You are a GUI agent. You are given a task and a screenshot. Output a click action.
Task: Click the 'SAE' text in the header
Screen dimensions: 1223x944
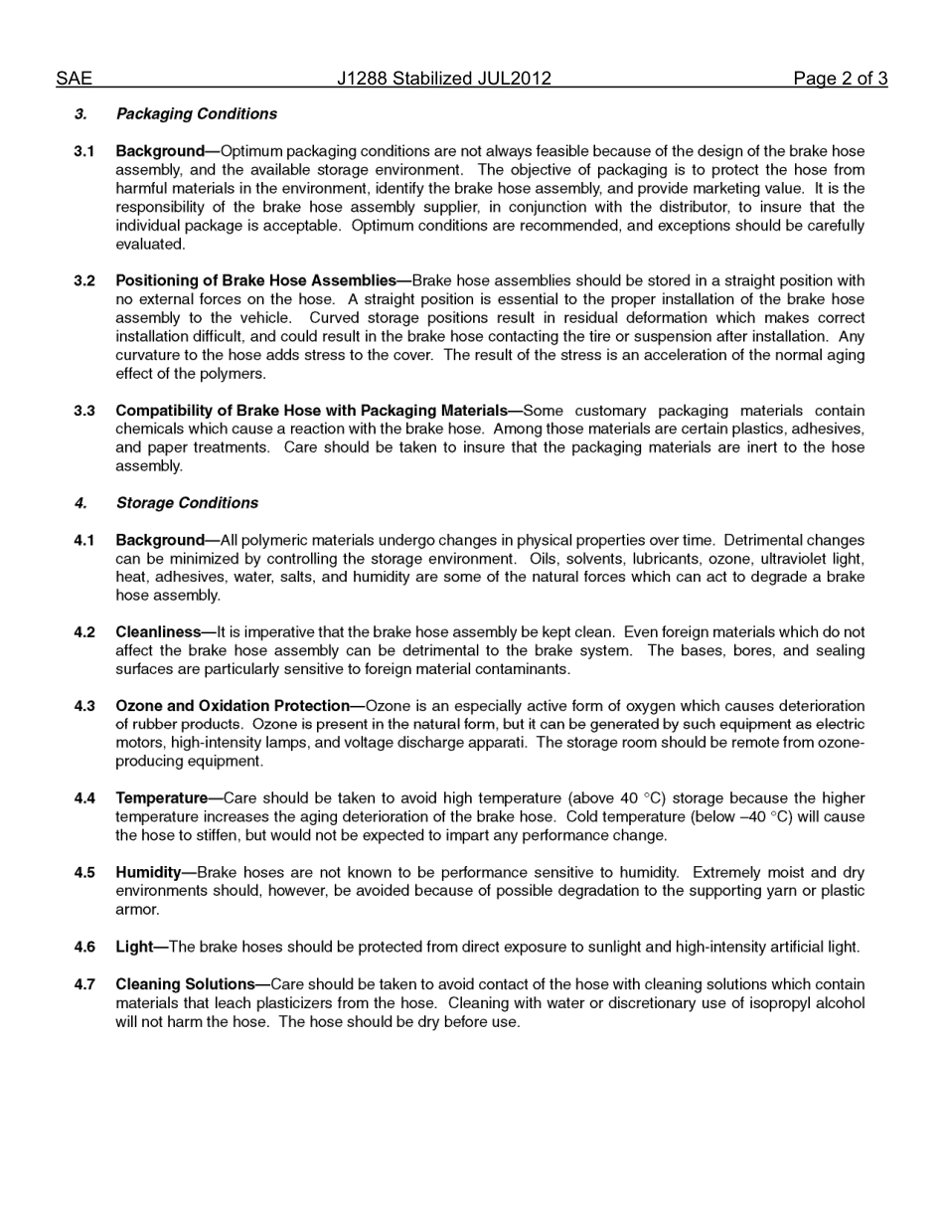point(74,79)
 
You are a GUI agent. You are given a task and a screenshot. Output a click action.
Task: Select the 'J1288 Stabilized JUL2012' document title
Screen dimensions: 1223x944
point(443,79)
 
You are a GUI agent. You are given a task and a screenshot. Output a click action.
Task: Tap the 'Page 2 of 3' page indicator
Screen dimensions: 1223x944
point(840,79)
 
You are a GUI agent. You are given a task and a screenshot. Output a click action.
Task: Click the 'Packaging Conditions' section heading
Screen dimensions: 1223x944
point(196,114)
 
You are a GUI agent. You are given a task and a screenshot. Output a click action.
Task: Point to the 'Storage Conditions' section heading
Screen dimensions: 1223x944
point(187,503)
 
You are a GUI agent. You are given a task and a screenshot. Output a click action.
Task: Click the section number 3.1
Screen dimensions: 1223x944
point(84,151)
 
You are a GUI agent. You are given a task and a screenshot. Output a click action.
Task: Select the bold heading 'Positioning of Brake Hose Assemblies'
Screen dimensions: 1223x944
point(255,281)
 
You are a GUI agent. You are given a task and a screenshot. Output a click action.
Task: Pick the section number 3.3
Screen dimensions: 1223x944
point(84,411)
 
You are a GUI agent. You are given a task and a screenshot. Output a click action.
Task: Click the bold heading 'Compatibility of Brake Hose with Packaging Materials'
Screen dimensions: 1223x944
point(311,411)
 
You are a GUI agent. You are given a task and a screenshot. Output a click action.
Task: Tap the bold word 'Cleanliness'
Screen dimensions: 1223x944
point(158,632)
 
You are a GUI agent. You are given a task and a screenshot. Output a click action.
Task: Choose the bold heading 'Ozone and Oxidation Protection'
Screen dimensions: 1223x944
point(233,706)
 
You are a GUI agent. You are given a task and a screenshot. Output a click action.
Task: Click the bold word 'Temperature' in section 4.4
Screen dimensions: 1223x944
point(161,798)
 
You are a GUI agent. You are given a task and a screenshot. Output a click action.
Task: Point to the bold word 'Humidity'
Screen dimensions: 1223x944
point(148,873)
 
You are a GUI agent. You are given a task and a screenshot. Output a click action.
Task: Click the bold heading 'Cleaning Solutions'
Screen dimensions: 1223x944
point(185,984)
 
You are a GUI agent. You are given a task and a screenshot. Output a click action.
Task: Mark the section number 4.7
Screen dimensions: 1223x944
point(84,984)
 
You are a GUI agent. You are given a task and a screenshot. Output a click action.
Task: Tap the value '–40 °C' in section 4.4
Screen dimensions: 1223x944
point(762,817)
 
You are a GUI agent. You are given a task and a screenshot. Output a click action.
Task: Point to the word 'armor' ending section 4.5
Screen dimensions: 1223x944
point(136,910)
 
